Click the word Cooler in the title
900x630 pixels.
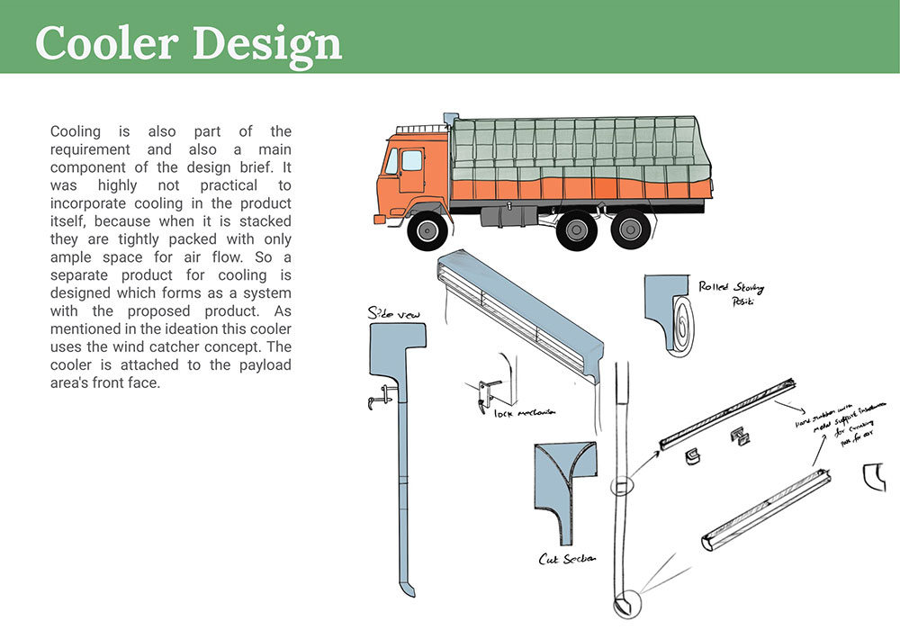click(105, 43)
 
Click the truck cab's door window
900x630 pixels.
click(411, 160)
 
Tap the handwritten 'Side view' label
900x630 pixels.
click(388, 313)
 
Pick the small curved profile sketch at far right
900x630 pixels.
click(874, 476)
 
